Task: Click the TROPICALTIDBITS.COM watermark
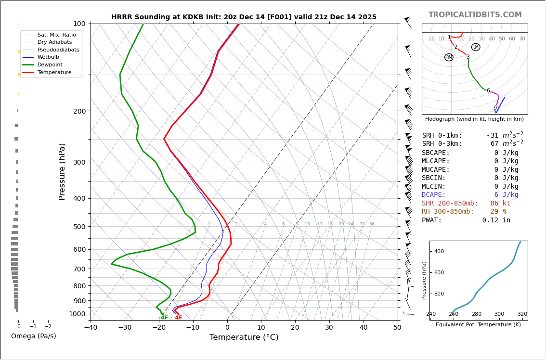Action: (475, 15)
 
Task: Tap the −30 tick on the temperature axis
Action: (125, 328)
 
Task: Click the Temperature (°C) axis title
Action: (244, 337)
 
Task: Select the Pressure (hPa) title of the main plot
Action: (63, 171)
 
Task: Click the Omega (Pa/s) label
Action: (34, 336)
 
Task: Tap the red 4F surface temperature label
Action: (179, 318)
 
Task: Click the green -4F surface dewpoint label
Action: (163, 318)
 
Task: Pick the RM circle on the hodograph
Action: (449, 57)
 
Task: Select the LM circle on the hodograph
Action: (476, 47)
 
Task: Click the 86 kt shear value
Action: (500, 204)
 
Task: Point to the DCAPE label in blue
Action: (434, 195)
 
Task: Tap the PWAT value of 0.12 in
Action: (496, 220)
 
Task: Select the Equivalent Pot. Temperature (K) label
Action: (478, 325)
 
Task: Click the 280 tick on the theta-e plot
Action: (476, 314)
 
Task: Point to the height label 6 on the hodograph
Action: (488, 90)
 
